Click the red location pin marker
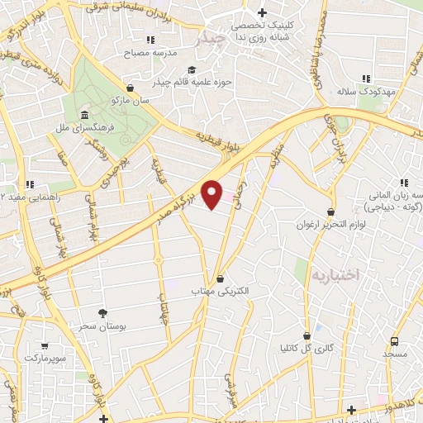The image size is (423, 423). point(212,194)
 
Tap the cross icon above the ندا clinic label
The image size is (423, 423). point(262,12)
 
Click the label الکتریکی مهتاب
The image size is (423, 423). point(219,292)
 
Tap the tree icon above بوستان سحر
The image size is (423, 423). point(102,313)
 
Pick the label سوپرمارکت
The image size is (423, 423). point(43,359)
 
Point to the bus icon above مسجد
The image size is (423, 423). point(395,341)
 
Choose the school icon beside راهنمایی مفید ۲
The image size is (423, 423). point(31,183)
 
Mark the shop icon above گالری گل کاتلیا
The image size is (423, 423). point(307,336)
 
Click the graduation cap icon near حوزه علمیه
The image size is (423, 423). point(192,69)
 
